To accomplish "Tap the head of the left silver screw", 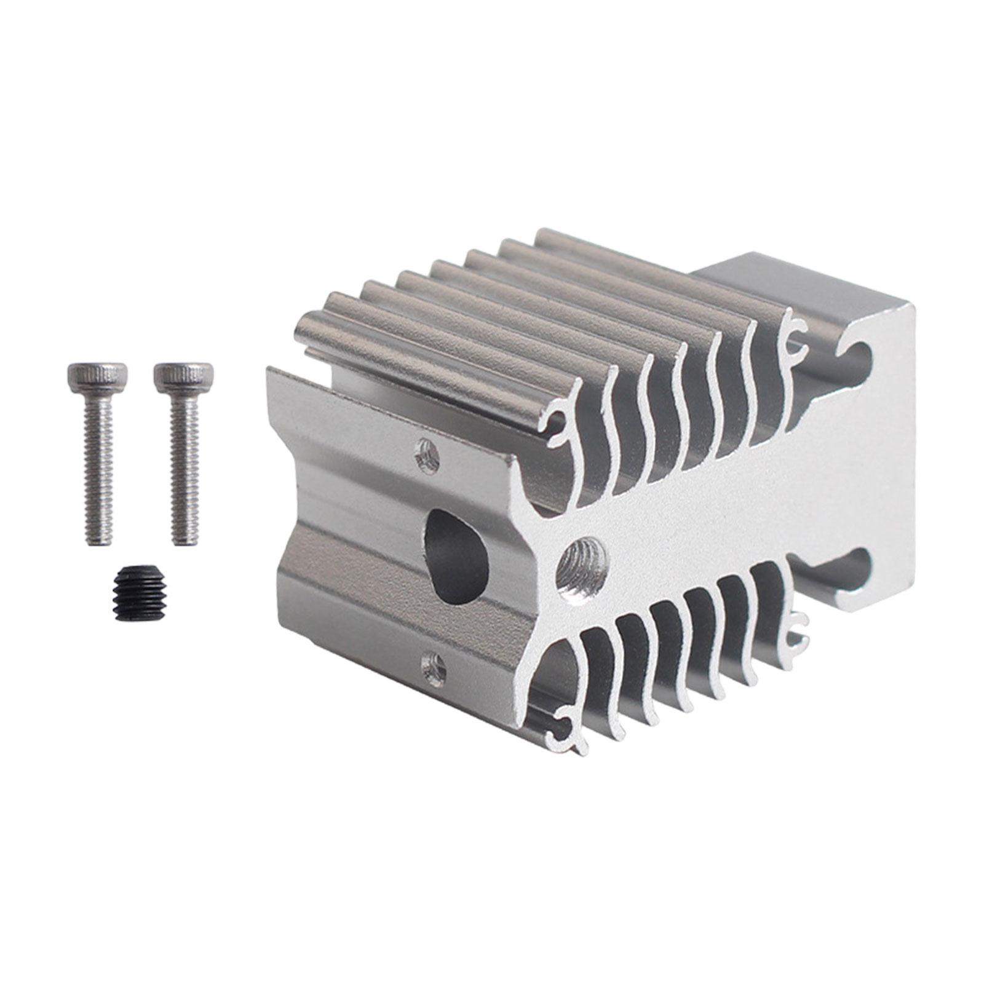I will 97,373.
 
